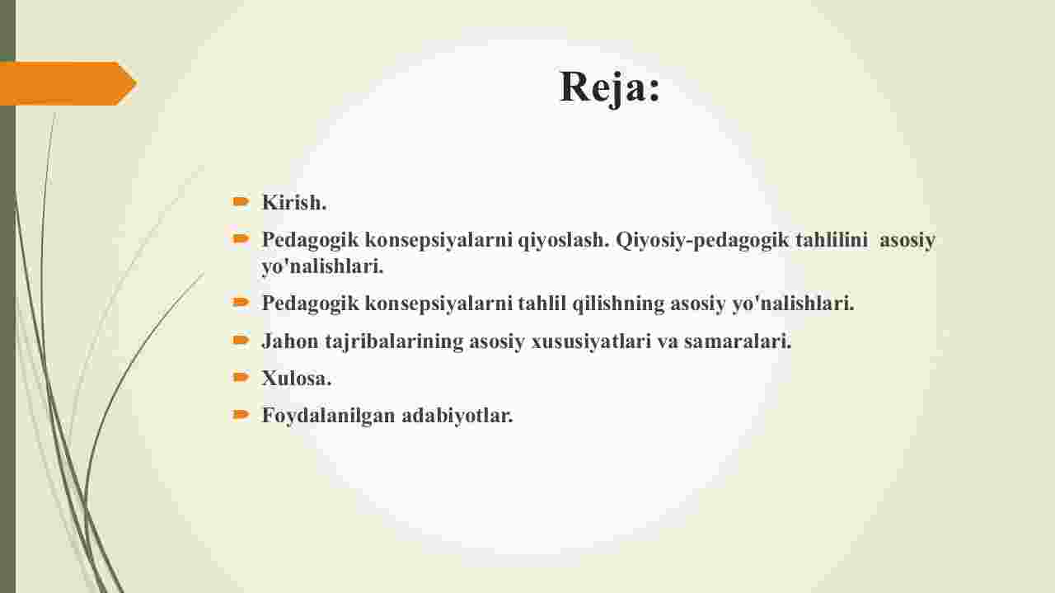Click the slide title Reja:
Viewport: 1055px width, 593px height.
[610, 87]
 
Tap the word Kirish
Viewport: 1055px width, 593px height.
[294, 203]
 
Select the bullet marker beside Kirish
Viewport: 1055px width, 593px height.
[241, 202]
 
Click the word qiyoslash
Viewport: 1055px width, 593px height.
[563, 240]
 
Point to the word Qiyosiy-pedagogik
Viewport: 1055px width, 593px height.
[702, 240]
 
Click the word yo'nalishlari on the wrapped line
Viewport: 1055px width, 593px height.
[322, 266]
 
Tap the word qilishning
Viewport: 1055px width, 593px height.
[618, 304]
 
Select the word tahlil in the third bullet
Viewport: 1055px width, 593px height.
[542, 304]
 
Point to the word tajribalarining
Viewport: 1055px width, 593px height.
[394, 341]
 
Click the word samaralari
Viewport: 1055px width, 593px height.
[738, 341]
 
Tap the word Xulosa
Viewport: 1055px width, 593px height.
[296, 379]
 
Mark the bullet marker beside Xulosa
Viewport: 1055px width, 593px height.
[241, 377]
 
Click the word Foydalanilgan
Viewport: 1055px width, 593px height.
[328, 416]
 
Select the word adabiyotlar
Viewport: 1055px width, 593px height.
[457, 416]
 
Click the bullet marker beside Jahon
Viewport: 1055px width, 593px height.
[241, 340]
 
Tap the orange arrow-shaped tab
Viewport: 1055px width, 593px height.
[68, 83]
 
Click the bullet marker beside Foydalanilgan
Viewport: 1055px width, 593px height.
[241, 414]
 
